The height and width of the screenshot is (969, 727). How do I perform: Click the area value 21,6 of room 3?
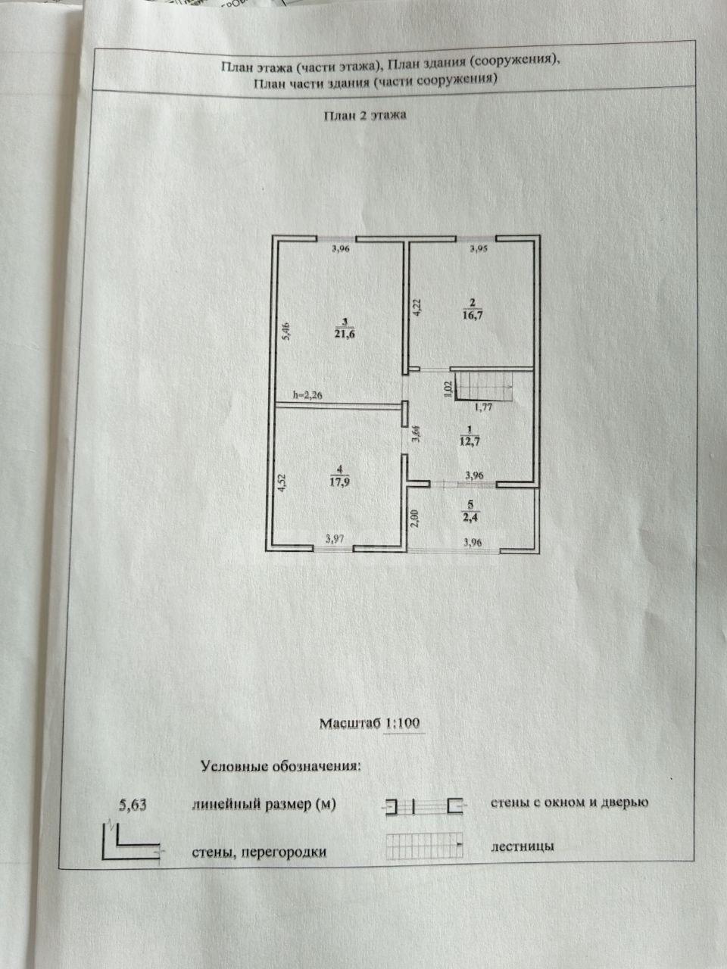pos(345,334)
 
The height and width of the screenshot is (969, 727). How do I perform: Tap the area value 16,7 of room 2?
pos(472,315)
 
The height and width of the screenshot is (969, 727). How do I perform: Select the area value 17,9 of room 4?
pos(339,482)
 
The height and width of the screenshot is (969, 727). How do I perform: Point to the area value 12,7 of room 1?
pos(470,441)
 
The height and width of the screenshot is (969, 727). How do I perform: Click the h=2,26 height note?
pos(307,395)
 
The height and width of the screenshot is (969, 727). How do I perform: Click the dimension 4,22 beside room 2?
pos(417,307)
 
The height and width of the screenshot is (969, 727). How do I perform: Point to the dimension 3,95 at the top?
pos(479,249)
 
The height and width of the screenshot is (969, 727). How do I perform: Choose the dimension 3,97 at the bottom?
pos(335,538)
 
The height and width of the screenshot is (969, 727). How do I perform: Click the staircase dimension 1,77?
pos(483,407)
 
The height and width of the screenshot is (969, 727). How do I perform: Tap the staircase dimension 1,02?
pos(448,389)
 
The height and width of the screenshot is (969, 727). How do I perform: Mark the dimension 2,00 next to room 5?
pos(414,519)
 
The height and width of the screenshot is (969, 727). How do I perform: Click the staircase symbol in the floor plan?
pos(483,386)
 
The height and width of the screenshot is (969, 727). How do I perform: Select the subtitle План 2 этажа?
pos(366,116)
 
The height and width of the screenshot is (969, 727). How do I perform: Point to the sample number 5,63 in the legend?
pos(133,805)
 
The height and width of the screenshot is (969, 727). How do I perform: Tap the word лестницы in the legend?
pos(523,846)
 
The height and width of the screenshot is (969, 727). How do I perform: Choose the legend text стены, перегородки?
pos(259,852)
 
